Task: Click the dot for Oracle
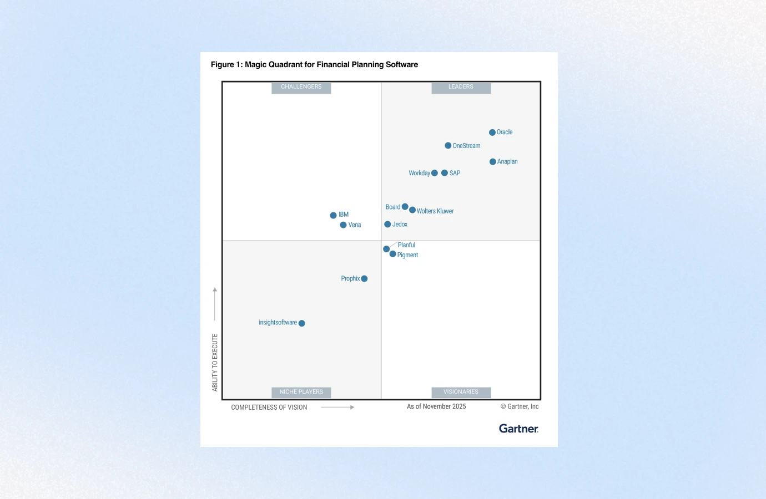(492, 133)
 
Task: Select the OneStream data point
(448, 146)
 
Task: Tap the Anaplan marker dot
(493, 162)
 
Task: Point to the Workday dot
(435, 173)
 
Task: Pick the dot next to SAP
(445, 173)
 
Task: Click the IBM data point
(333, 215)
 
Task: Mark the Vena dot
(343, 225)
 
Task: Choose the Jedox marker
(387, 225)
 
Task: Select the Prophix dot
(364, 279)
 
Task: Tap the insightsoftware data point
(302, 323)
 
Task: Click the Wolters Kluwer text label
(435, 211)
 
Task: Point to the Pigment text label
(407, 255)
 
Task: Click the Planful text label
(406, 245)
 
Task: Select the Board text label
(393, 207)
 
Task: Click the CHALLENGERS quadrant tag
(301, 88)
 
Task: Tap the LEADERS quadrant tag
(461, 88)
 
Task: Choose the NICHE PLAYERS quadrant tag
(301, 392)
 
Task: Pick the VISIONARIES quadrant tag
(461, 392)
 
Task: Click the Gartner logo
(518, 429)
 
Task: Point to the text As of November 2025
(436, 406)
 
